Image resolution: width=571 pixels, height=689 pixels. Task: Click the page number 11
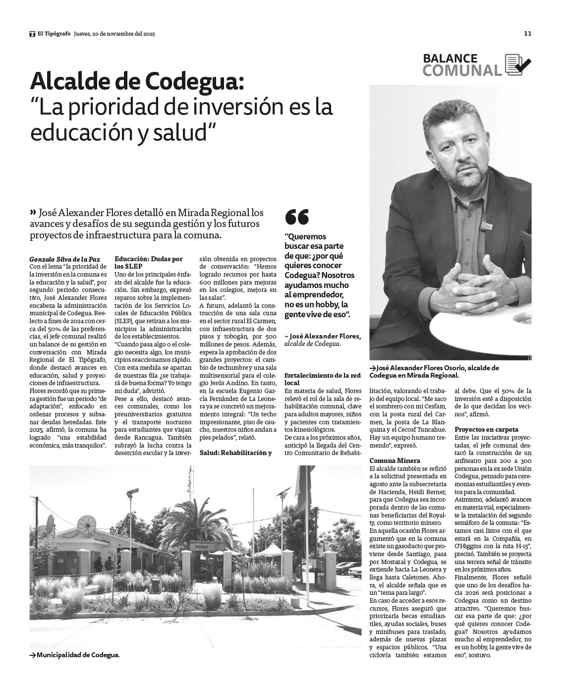527,34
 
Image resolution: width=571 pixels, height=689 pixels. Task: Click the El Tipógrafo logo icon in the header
32,34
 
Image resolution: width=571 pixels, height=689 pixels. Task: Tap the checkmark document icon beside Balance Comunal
517,64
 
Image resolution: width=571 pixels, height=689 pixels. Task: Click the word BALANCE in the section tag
450,58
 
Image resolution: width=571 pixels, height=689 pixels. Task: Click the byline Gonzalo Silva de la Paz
64,259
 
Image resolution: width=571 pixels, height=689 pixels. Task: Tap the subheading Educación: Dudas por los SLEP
148,262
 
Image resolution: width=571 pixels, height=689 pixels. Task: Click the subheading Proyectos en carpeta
480,429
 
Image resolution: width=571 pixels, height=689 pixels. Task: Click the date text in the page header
114,34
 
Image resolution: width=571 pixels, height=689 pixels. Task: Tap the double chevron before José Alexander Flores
33,213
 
